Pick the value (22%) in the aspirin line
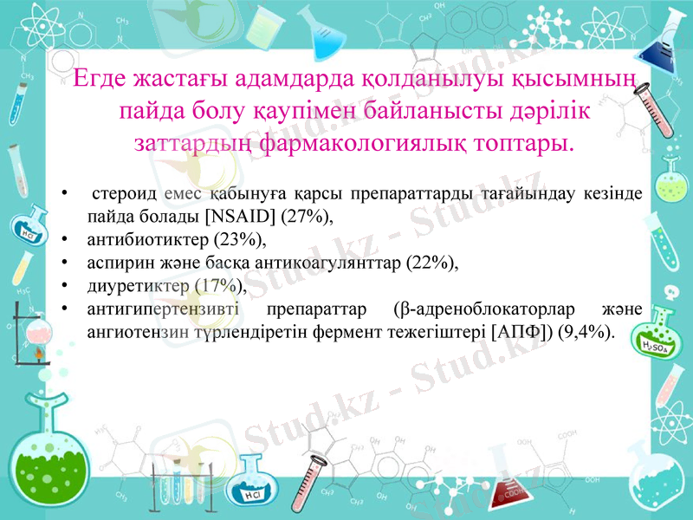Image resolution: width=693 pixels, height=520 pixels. tap(427, 262)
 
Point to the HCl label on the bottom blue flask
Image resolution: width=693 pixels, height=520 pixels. tap(252, 495)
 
